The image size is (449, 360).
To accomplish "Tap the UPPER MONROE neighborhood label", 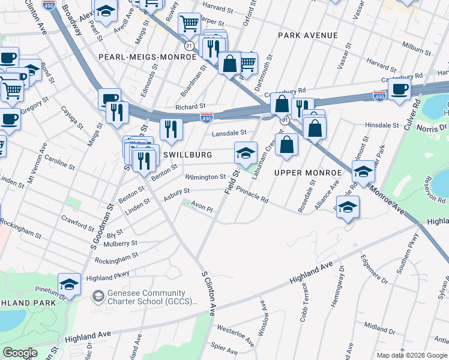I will (x=307, y=173).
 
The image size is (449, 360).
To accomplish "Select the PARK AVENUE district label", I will (x=308, y=35).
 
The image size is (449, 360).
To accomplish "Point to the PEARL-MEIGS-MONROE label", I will (x=148, y=56).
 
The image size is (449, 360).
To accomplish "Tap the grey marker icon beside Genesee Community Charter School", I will (x=98, y=296).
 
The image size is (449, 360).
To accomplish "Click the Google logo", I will (x=19, y=353).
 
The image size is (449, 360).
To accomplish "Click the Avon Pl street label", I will (x=202, y=208).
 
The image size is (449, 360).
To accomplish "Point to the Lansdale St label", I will (x=229, y=133).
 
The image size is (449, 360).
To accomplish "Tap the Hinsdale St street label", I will (x=382, y=125).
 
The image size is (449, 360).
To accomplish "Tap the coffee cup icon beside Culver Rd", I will (x=399, y=89).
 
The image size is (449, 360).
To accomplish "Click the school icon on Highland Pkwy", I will (x=70, y=284).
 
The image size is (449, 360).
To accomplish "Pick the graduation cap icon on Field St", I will (x=246, y=152).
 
